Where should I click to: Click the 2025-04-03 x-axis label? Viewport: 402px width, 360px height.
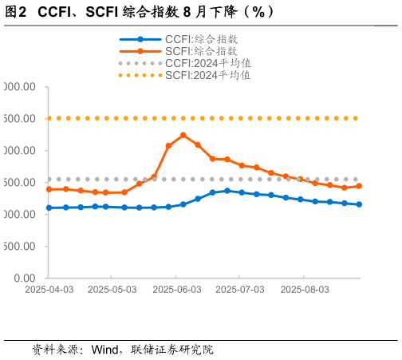coord(49,289)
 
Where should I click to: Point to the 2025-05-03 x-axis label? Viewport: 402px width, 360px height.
coord(112,289)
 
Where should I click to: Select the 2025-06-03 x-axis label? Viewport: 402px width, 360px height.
coord(176,289)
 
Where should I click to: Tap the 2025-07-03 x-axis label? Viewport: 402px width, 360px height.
coord(240,289)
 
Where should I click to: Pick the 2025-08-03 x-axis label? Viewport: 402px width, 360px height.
coord(304,289)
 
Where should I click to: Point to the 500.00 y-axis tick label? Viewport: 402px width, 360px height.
coord(19,247)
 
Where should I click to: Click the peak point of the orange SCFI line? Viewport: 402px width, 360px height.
coord(183,135)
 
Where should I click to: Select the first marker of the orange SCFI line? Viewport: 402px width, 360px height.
coord(49,189)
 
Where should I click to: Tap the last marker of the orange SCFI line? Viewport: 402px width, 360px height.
coord(359,186)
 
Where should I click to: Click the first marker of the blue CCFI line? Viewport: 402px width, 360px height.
coord(49,208)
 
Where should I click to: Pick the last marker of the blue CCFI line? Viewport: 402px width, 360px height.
coord(359,204)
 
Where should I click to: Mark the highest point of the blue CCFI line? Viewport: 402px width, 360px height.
coord(227,191)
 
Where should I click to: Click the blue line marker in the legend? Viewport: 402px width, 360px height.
coord(140,39)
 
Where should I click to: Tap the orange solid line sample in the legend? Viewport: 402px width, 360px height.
coord(140,51)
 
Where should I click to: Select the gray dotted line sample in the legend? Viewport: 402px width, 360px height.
coord(140,63)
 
